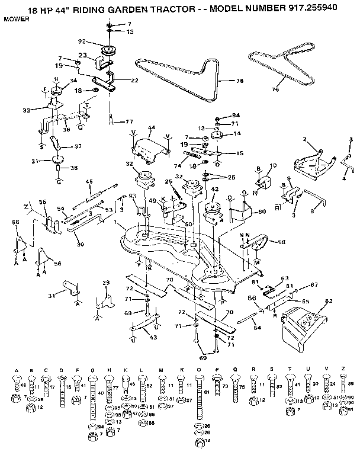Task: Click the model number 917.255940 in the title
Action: pos(322,10)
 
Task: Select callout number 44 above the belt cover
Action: pos(151,128)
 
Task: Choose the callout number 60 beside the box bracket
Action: pos(262,211)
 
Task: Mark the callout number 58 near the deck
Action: pos(281,242)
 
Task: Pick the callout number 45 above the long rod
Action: pos(89,181)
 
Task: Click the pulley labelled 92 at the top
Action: pos(109,49)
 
